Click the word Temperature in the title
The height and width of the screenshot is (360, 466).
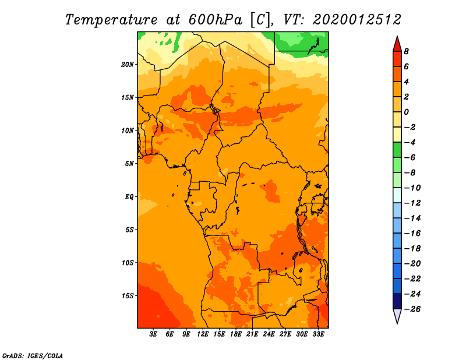[111, 20]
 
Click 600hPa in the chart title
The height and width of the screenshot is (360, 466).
[215, 20]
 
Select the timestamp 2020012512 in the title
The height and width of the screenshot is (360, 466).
[357, 20]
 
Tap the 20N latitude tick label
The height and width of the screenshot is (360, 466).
[128, 65]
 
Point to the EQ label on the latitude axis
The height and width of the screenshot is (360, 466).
[129, 197]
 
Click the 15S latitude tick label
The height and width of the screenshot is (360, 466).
[128, 296]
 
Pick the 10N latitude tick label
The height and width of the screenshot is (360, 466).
[128, 130]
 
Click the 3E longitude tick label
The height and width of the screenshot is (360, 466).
[153, 334]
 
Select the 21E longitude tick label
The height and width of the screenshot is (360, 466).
[252, 334]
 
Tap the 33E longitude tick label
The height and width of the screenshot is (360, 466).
[318, 334]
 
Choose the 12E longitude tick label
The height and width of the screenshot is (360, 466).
[203, 334]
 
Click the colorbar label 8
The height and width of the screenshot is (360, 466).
[406, 51]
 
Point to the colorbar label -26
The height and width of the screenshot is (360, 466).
[412, 309]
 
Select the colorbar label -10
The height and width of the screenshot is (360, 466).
[412, 188]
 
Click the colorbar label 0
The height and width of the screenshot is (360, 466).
[406, 112]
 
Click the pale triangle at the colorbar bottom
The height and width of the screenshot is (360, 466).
[397, 315]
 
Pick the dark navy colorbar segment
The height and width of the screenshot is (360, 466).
[397, 301]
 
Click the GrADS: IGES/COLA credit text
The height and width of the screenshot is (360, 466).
[33, 356]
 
